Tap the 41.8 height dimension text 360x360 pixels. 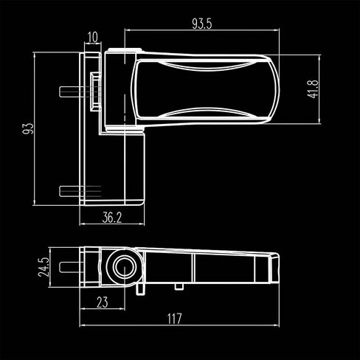coord(313,89)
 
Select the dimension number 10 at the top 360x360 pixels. coord(93,36)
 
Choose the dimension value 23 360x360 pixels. coord(103,301)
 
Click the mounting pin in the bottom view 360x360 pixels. coord(72,263)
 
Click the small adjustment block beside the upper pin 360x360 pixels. coord(95,91)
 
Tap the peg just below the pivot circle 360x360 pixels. coord(138,289)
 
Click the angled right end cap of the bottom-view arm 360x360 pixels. coord(271,266)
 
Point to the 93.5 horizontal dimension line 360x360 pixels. coord(203,31)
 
